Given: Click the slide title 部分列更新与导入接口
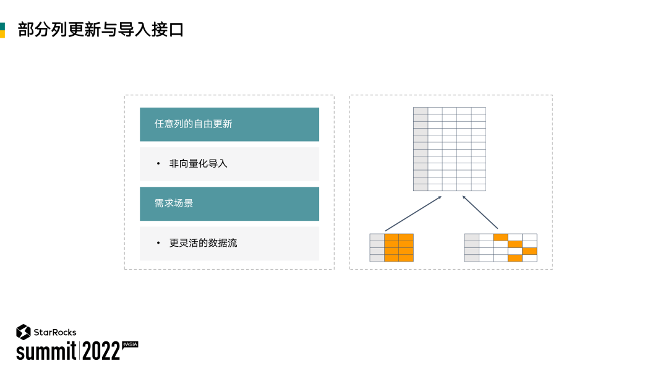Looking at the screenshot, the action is [x=101, y=29].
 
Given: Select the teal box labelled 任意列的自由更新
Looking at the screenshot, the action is [x=229, y=124].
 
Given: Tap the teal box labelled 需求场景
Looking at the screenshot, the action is [x=229, y=203].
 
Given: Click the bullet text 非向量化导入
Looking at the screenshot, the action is [x=199, y=164].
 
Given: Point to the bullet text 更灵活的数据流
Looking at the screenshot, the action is [x=203, y=243].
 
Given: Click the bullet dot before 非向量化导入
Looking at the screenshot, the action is [x=158, y=164].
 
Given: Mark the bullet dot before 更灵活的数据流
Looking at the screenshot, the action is [x=158, y=243].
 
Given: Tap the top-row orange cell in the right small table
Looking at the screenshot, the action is [x=500, y=237].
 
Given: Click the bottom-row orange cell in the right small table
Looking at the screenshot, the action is [x=515, y=258].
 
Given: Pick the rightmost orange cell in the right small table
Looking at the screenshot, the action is [x=529, y=251].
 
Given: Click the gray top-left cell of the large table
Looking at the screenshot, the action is [x=421, y=111].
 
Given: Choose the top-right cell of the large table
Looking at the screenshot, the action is [x=479, y=111].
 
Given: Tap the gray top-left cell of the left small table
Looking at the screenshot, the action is [x=377, y=237].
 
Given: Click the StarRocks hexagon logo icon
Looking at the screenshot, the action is [x=24, y=332].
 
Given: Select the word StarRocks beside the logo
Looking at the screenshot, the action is [x=55, y=332].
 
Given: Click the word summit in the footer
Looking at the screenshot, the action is [x=46, y=351].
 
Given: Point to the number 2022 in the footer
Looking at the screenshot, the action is [x=101, y=351].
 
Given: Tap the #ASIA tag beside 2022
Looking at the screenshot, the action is [x=130, y=344].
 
